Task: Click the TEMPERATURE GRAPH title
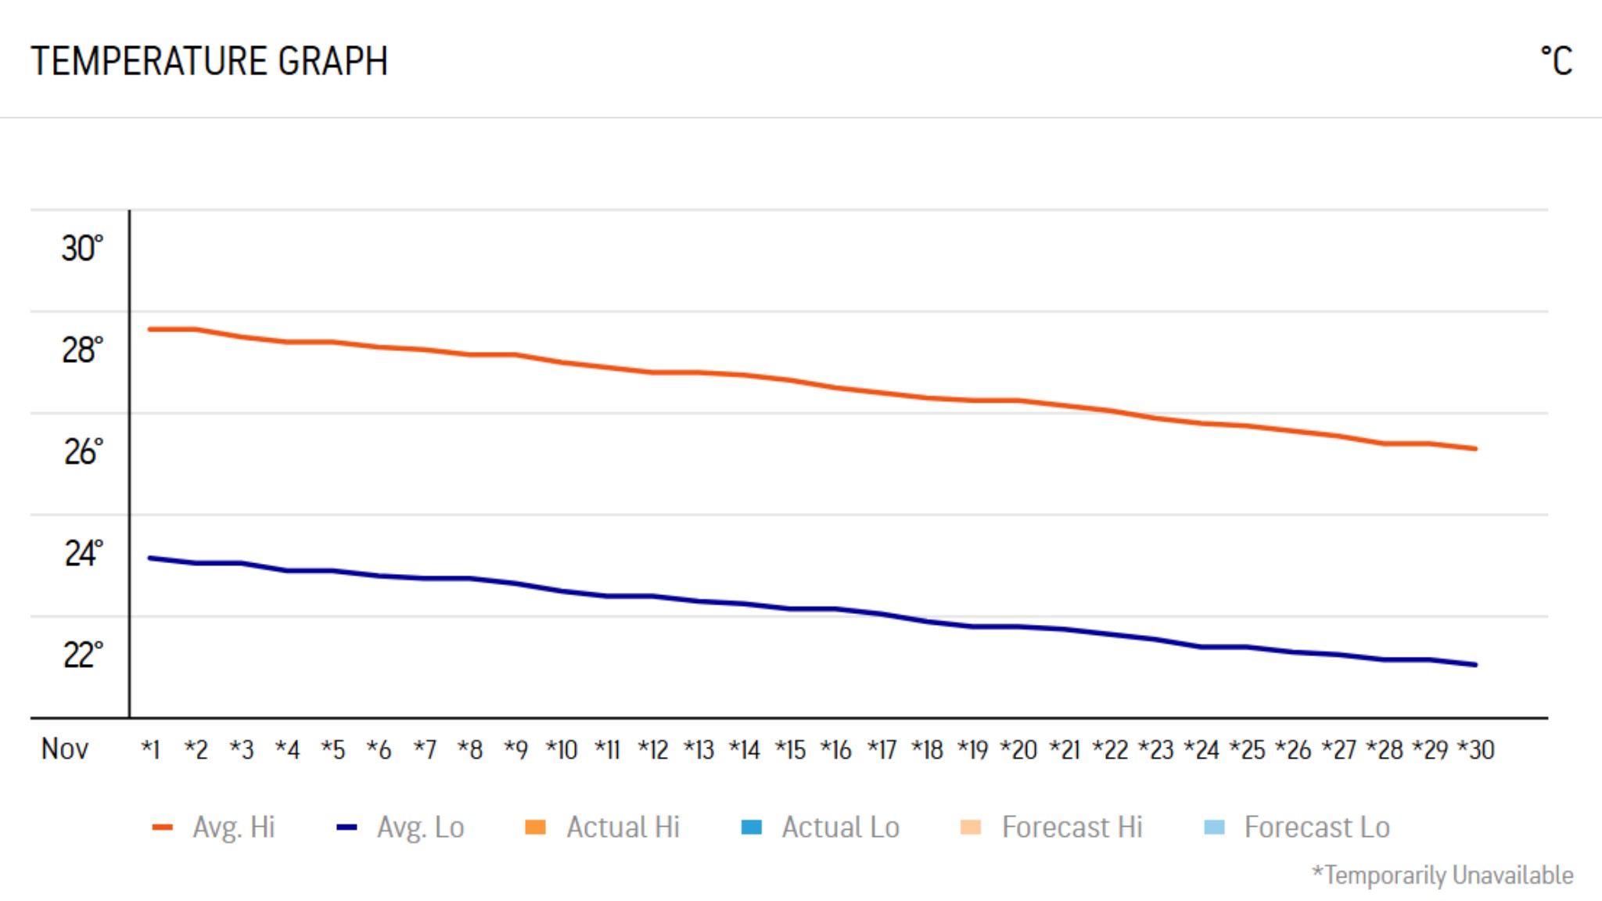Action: (209, 61)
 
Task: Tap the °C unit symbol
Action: (1556, 61)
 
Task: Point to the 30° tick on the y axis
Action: (82, 249)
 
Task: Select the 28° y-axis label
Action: (82, 350)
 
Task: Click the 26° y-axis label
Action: (82, 452)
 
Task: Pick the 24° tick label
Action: (82, 554)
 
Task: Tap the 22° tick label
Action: (82, 655)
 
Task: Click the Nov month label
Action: (64, 749)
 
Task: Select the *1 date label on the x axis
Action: (150, 750)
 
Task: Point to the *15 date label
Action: (790, 750)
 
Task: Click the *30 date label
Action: (1476, 750)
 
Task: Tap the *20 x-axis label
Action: (1018, 750)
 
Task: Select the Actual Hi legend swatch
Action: (535, 827)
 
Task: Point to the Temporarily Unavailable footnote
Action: (1442, 875)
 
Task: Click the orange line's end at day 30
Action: (1474, 449)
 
